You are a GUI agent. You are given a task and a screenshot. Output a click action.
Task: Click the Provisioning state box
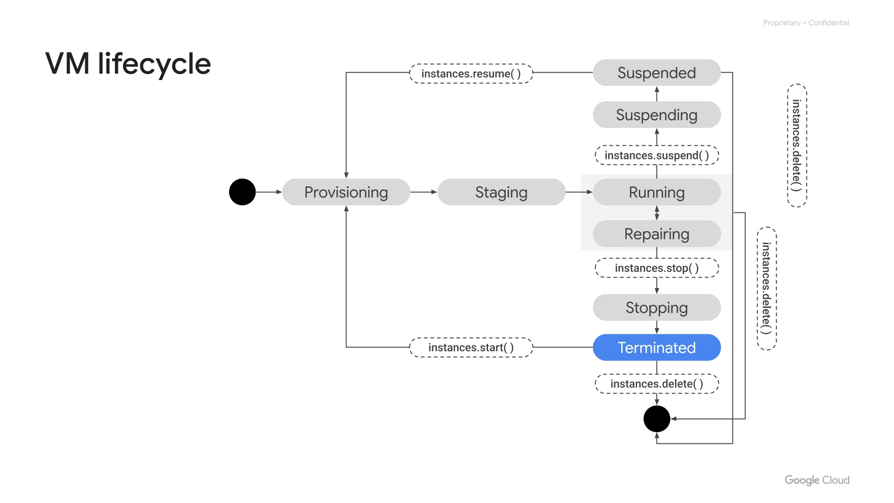pyautogui.click(x=346, y=192)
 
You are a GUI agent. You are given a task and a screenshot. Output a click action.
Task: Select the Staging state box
pyautogui.click(x=501, y=192)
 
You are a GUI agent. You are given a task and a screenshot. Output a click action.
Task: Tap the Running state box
pyautogui.click(x=657, y=192)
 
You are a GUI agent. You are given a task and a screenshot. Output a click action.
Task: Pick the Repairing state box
pyautogui.click(x=657, y=234)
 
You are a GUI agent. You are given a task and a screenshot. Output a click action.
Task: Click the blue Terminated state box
pyautogui.click(x=657, y=347)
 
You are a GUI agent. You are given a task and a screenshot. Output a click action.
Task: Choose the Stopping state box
pyautogui.click(x=657, y=307)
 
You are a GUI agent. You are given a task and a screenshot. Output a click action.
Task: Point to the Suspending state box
pyautogui.click(x=657, y=115)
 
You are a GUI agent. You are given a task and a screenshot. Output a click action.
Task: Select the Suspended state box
pyautogui.click(x=657, y=73)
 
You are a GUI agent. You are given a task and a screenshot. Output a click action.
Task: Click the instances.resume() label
pyautogui.click(x=471, y=74)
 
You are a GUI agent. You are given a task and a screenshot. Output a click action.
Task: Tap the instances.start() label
pyautogui.click(x=471, y=347)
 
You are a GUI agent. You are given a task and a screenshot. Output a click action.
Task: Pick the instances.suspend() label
pyautogui.click(x=657, y=155)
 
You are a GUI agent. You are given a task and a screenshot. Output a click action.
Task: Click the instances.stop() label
pyautogui.click(x=657, y=268)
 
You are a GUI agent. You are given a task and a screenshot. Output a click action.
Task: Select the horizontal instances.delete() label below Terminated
pyautogui.click(x=657, y=384)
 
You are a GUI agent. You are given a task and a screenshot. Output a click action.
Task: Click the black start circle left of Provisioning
pyautogui.click(x=242, y=192)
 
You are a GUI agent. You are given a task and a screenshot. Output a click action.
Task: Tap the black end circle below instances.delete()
pyautogui.click(x=657, y=419)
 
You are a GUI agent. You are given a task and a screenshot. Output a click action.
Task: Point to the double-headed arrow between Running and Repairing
pyautogui.click(x=657, y=213)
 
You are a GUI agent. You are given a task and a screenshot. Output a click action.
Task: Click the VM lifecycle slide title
pyautogui.click(x=128, y=63)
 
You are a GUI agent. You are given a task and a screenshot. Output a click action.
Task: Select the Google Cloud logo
pyautogui.click(x=817, y=480)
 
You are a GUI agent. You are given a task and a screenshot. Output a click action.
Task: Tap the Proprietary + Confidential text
pyautogui.click(x=806, y=23)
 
